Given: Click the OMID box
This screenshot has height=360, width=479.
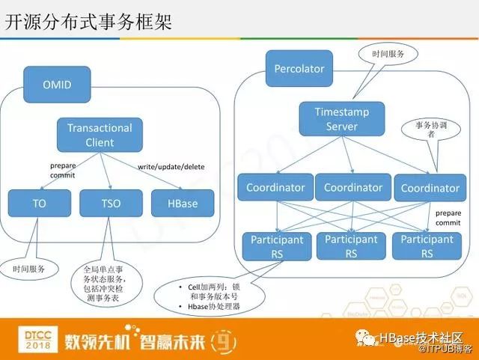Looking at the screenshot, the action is (x=57, y=85).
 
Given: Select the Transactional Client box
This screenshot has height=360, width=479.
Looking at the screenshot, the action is (x=100, y=135).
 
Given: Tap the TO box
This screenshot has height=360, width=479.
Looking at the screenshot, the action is (x=39, y=203).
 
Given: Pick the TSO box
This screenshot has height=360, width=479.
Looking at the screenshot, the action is (x=110, y=203).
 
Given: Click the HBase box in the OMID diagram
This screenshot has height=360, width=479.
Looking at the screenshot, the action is (x=182, y=203).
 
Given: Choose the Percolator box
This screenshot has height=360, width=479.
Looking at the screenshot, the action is (x=299, y=69).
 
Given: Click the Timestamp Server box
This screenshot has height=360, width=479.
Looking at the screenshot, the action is (x=341, y=119).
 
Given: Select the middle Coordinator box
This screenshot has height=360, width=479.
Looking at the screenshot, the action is (x=353, y=187).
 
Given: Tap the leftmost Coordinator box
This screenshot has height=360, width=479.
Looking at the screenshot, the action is (x=275, y=187).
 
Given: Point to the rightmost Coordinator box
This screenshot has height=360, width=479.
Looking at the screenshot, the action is (x=430, y=188).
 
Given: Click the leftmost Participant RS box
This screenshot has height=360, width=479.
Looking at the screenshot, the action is (x=276, y=246).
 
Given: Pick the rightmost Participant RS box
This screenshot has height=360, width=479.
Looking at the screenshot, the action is (x=427, y=246).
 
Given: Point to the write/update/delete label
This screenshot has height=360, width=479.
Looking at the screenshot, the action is (x=171, y=166).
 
